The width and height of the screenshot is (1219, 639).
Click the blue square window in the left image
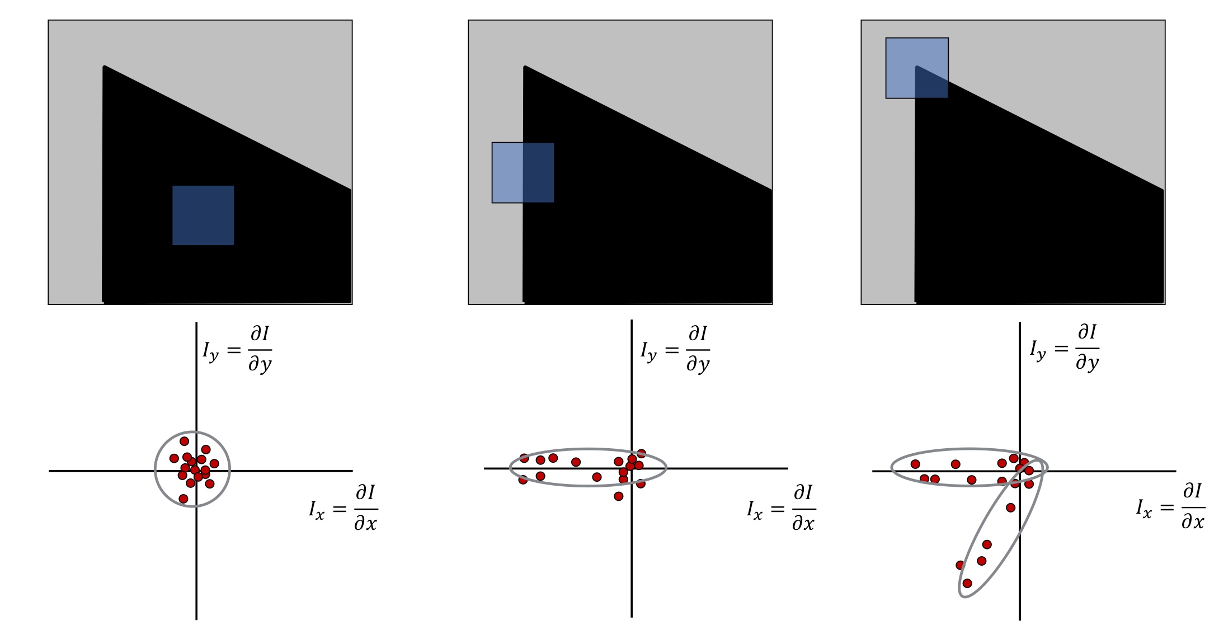pos(203,215)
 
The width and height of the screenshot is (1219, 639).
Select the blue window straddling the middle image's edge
pos(523,172)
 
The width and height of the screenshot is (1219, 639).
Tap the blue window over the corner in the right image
pos(917,68)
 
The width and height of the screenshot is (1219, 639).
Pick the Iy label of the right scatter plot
pos(1065,348)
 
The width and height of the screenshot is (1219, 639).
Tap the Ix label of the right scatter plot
pos(1171,507)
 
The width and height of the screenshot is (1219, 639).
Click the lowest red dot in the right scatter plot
pos(967,584)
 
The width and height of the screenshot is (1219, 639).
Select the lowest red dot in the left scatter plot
pos(183,499)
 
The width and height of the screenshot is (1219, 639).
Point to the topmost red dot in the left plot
pos(184,441)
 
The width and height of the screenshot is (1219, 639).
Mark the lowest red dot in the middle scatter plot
pos(618,496)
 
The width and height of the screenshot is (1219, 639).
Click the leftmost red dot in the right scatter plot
pos(915,464)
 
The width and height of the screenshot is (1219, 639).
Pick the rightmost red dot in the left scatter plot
pos(214,464)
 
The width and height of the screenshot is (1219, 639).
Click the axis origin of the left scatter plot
pos(196,471)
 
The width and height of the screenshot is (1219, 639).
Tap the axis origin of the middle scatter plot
pos(632,468)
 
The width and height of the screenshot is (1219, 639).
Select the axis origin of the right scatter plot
pos(1020,471)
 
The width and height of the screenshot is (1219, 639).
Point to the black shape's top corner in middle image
pos(525,67)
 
